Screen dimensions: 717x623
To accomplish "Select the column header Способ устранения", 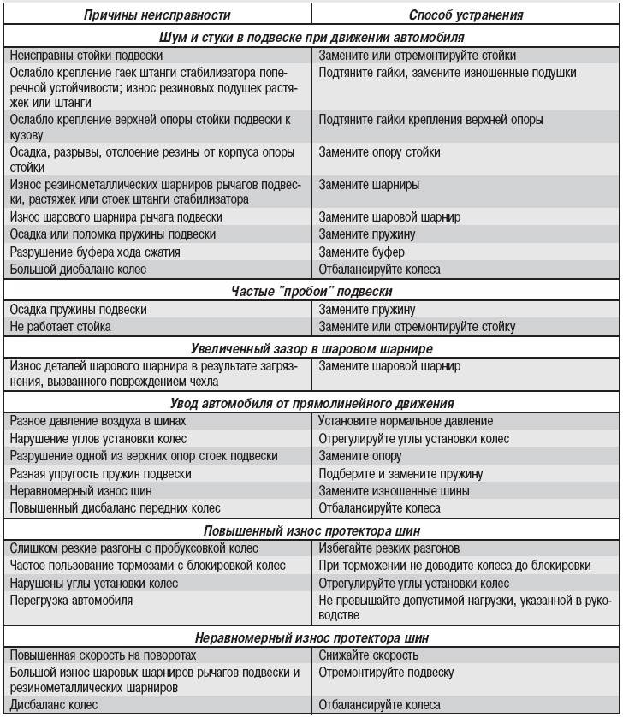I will tap(466, 15).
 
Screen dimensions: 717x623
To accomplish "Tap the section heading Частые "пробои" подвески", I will tap(311, 292).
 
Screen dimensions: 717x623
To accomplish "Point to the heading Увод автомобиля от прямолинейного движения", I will tap(311, 402).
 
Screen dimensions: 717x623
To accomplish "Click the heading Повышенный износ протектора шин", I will tap(311, 529).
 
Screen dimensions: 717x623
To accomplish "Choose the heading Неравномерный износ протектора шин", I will tap(311, 637).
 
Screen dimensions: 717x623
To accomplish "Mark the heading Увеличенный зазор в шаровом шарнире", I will tap(311, 347).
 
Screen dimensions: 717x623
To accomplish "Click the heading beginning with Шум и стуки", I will tap(311, 38).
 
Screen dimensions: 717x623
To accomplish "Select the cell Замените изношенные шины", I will tap(394, 491).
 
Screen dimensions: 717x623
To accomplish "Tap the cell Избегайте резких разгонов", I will tap(389, 548).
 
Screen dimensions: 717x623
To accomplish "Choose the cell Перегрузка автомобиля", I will tap(71, 601).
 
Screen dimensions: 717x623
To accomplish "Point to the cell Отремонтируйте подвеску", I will tap(386, 673).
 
